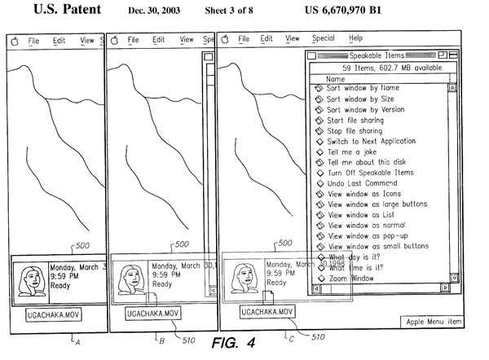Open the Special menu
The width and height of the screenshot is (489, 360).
tap(323, 38)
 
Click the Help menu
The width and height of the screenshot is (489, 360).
tap(356, 38)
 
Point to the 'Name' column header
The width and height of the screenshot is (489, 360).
tap(336, 78)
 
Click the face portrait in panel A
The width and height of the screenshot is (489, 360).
tap(32, 279)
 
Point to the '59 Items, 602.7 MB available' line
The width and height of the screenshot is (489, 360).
tap(381, 68)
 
